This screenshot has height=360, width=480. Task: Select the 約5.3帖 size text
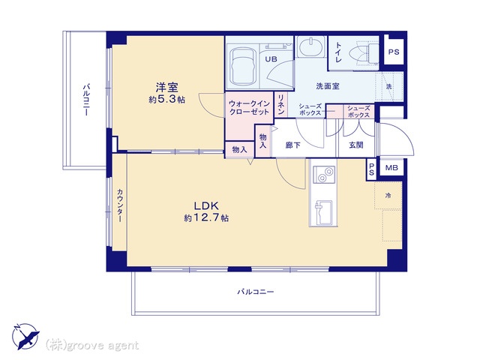click(166, 99)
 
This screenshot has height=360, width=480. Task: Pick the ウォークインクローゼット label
click(248, 106)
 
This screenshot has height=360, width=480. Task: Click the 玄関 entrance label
click(355, 145)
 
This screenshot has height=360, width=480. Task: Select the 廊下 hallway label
click(292, 145)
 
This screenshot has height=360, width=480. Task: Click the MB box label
click(391, 169)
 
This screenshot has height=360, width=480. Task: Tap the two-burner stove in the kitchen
click(324, 175)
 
